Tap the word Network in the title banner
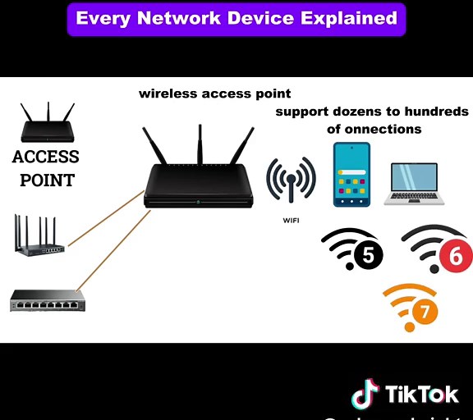tap(179, 17)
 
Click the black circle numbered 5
tap(367, 257)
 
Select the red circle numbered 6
tap(456, 257)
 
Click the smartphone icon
tap(351, 175)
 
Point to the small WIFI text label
tap(291, 221)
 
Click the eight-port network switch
tap(47, 301)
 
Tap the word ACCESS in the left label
tap(46, 157)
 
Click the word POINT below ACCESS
tap(47, 180)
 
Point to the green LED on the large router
tap(198, 201)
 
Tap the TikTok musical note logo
tap(365, 395)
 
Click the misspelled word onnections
tap(386, 129)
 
